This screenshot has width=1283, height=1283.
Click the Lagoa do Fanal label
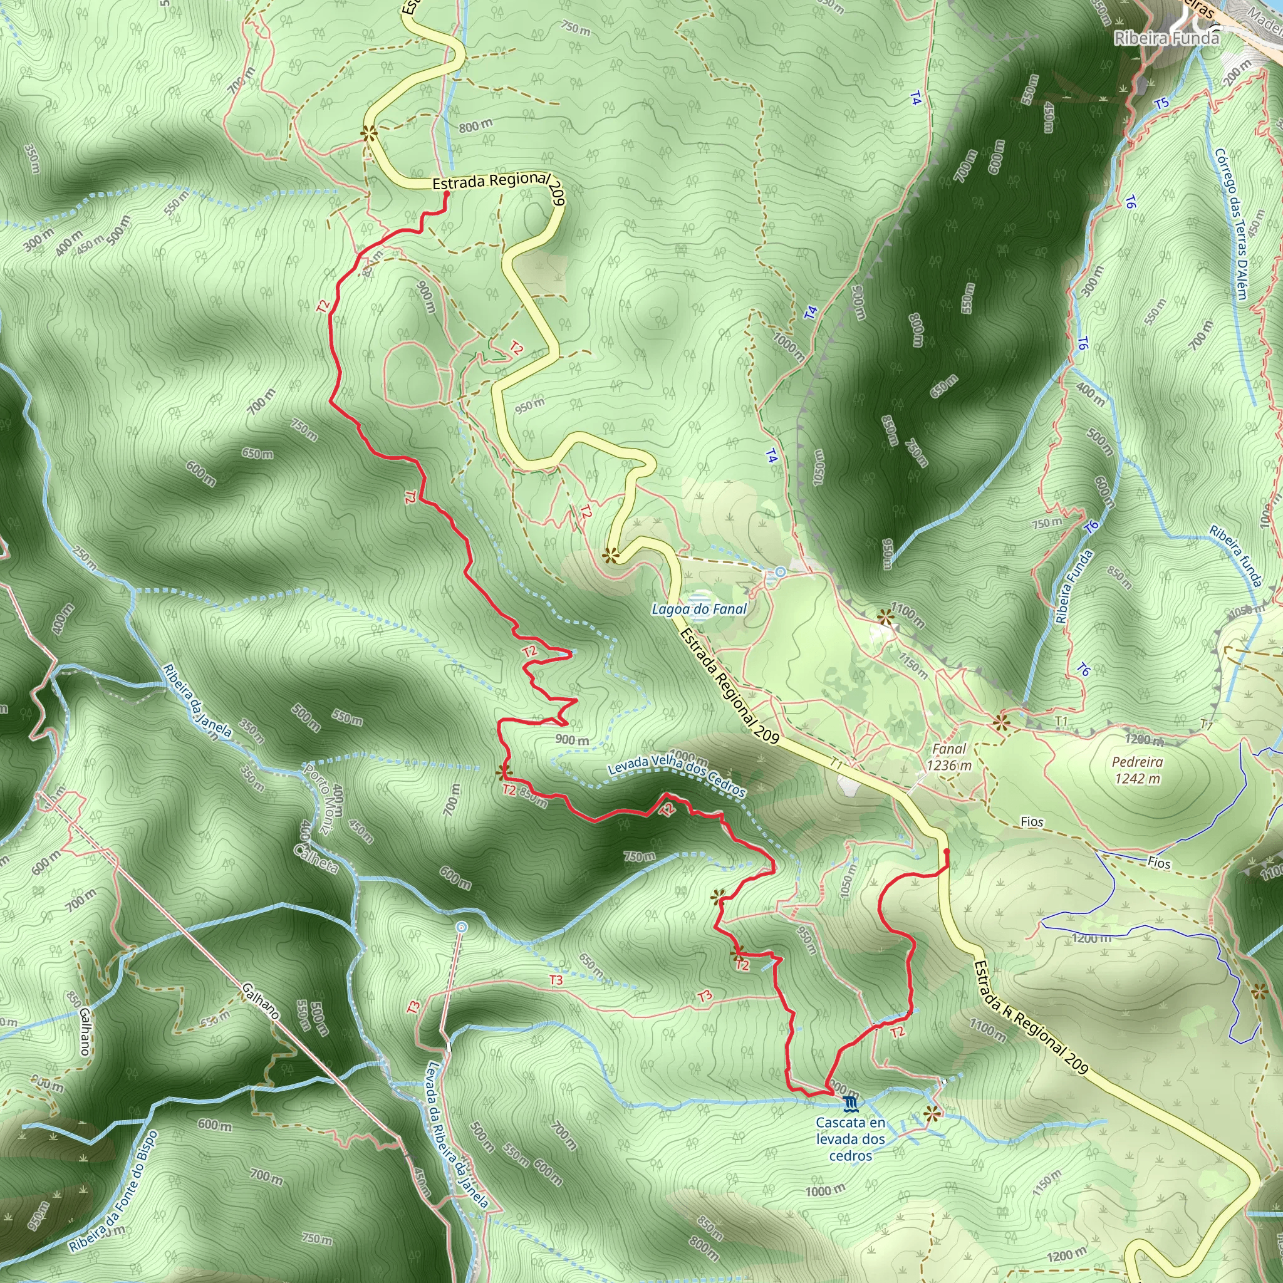tap(699, 609)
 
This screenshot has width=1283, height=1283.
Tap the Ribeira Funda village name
tap(1166, 38)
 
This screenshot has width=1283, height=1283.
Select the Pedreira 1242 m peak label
tap(1138, 770)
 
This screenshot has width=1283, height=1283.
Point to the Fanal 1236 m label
tap(949, 757)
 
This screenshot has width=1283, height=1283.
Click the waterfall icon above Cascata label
tap(851, 1104)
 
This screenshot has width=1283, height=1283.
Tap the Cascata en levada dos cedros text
tap(851, 1139)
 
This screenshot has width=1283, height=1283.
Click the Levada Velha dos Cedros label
tap(677, 776)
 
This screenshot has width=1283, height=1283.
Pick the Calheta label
tap(318, 848)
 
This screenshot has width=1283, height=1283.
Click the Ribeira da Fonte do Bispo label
tap(113, 1191)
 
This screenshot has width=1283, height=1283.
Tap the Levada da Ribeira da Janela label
tap(457, 1135)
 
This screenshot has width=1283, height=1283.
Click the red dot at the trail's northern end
tap(447, 194)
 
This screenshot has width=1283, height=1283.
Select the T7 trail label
tap(1207, 725)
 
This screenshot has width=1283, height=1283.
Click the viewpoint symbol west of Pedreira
tap(1002, 720)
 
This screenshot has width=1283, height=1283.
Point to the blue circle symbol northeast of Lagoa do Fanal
tap(779, 572)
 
